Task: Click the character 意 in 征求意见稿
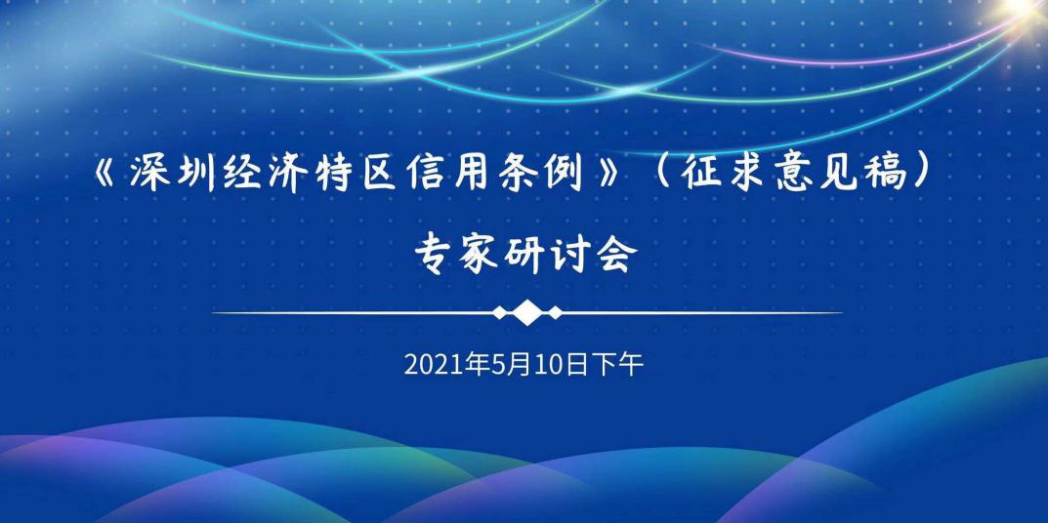coord(793,175)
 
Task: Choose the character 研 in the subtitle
coord(524,255)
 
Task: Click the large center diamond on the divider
coord(527,312)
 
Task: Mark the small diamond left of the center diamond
coord(499,312)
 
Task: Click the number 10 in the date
coord(552,365)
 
